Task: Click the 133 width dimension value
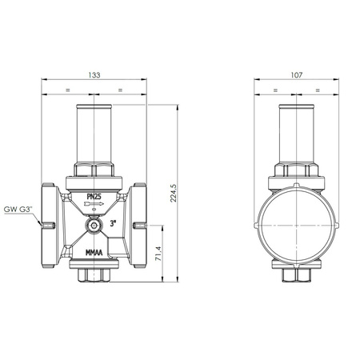[94, 74]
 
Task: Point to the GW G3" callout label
[18, 210]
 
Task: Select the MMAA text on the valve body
[96, 257]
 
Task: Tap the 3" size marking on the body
[115, 225]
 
